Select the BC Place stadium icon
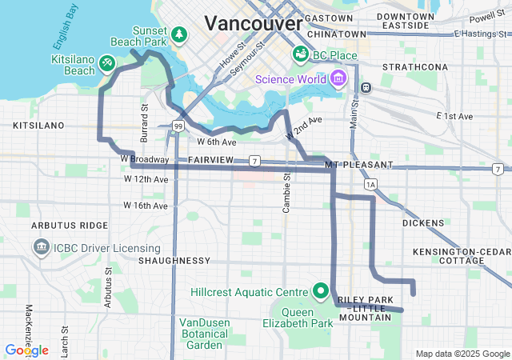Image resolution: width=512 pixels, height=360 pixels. pos(301,54)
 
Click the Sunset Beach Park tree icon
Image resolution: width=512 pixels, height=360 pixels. pos(180,34)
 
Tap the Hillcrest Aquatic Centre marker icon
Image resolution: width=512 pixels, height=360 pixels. pos(321,290)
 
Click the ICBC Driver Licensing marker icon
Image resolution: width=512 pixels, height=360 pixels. pos(41,248)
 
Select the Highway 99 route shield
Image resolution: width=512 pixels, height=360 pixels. pos(177,126)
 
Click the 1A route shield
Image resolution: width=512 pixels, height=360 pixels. pos(370,185)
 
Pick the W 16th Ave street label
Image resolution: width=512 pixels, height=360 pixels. pos(146,206)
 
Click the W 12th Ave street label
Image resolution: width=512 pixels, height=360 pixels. pos(146,179)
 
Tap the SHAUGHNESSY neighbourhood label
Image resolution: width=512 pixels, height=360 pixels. pos(174,261)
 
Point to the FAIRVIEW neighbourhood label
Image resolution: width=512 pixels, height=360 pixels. pos(210,161)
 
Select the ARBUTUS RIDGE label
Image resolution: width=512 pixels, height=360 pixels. pos(70,226)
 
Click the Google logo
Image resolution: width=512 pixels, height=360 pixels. pos(26,350)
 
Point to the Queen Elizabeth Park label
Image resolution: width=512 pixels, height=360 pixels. pos(297,318)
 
